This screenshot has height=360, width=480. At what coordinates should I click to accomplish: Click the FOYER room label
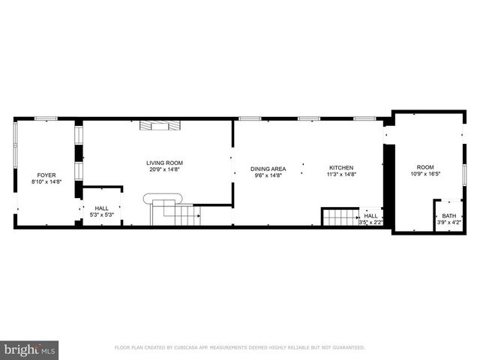[37, 175]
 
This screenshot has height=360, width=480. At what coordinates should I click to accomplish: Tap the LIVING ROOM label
[164, 163]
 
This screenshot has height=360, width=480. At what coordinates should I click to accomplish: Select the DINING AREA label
[268, 169]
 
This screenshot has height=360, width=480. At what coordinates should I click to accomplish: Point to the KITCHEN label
[341, 168]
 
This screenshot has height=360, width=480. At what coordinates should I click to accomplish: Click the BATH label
[448, 216]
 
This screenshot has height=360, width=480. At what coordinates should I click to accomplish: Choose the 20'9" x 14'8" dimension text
[164, 169]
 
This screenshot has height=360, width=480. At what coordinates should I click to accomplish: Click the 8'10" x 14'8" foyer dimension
[37, 181]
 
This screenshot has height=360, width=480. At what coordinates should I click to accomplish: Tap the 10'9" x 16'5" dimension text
[425, 175]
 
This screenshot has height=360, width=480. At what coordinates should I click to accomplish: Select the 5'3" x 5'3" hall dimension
[101, 215]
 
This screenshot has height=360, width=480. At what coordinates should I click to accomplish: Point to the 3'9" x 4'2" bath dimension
[448, 222]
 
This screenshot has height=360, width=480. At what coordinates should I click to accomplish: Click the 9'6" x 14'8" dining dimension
[268, 175]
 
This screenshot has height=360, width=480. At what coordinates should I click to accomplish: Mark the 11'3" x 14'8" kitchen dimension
[341, 175]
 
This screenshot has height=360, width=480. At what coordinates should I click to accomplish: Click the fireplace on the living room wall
[160, 125]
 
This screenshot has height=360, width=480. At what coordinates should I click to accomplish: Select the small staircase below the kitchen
[340, 217]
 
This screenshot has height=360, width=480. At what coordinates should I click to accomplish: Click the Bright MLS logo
[29, 349]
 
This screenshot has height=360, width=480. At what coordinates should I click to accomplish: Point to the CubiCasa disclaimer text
[239, 348]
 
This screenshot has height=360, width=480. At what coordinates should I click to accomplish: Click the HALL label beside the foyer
[101, 208]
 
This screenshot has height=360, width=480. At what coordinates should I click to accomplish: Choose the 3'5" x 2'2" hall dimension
[371, 222]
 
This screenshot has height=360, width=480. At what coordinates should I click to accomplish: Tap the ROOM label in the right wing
[425, 168]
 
